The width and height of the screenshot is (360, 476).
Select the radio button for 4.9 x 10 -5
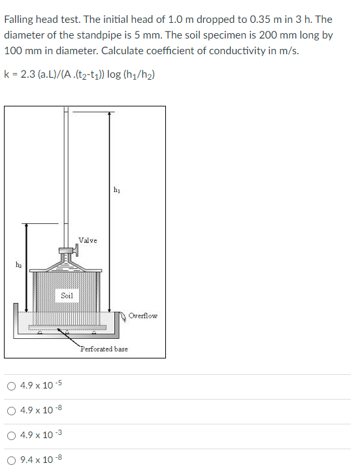[12, 386]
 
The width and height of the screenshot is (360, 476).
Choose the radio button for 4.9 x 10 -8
[12, 411]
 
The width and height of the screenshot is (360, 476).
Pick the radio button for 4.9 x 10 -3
[12, 436]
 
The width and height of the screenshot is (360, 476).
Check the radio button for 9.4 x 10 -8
[12, 460]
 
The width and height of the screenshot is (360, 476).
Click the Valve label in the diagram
[88, 240]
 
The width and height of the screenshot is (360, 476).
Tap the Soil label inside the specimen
[67, 296]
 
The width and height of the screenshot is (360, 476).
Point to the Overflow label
[142, 315]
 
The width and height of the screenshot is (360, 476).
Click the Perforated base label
[104, 349]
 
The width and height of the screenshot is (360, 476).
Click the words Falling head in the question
[29, 20]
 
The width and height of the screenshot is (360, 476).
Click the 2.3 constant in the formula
[29, 73]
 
